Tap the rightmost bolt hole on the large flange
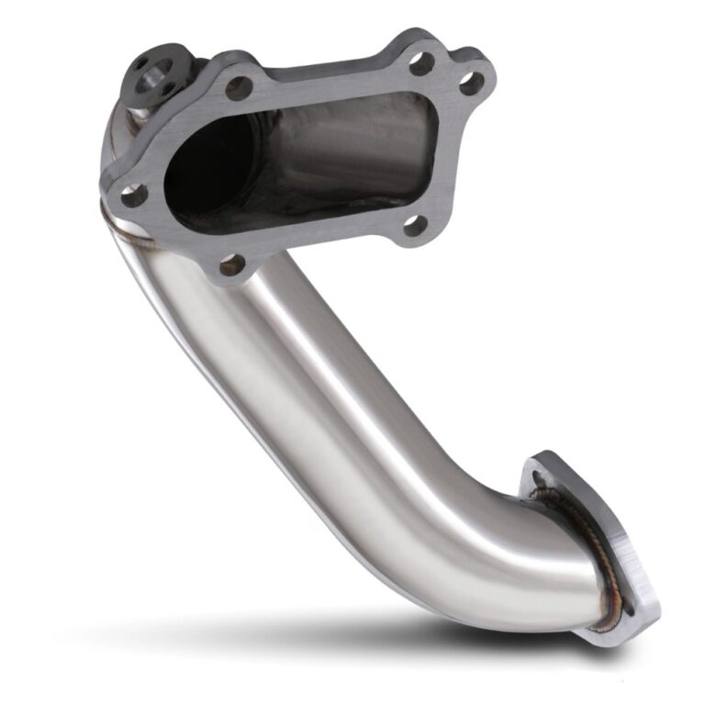click(471, 84)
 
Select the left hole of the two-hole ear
click(420, 63)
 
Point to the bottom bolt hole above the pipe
click(232, 265)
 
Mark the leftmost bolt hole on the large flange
click(133, 195)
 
